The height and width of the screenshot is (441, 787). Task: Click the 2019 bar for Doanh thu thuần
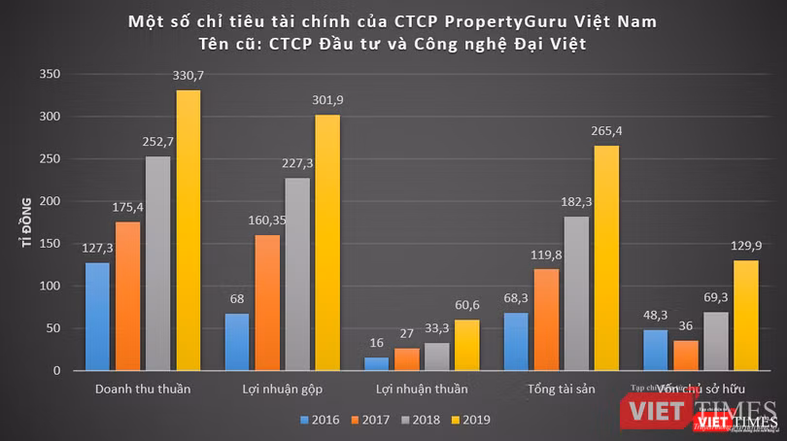[x=188, y=230]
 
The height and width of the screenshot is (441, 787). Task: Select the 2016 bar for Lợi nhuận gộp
[x=237, y=342]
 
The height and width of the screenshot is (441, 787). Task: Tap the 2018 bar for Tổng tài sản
[x=576, y=293]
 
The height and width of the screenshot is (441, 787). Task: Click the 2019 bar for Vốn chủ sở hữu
[x=744, y=316]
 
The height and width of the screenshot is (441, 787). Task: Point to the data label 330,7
[x=188, y=77]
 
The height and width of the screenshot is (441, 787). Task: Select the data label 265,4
[x=605, y=132]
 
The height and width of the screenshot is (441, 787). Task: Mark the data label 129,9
[x=745, y=247]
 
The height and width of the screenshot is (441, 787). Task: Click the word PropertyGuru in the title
[x=465, y=20]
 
